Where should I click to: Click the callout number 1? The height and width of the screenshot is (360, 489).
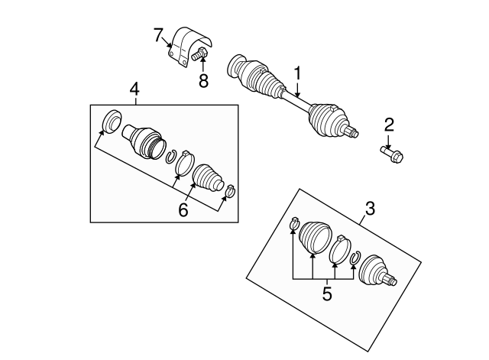coord(298,74)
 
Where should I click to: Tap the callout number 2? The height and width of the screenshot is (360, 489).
coord(389,125)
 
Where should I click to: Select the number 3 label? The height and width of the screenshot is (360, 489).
coord(370,206)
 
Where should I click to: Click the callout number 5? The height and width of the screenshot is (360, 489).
coord(326,293)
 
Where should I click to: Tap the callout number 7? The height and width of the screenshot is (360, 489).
coord(158,34)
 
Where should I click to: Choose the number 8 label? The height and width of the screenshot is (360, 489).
coord(203,79)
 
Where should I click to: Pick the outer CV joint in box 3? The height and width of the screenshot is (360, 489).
coord(377,269)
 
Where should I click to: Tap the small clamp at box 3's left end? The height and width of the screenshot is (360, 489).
coord(293,223)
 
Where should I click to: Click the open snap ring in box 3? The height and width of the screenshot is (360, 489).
coord(355,259)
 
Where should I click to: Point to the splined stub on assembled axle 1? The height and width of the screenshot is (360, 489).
coord(351,134)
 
